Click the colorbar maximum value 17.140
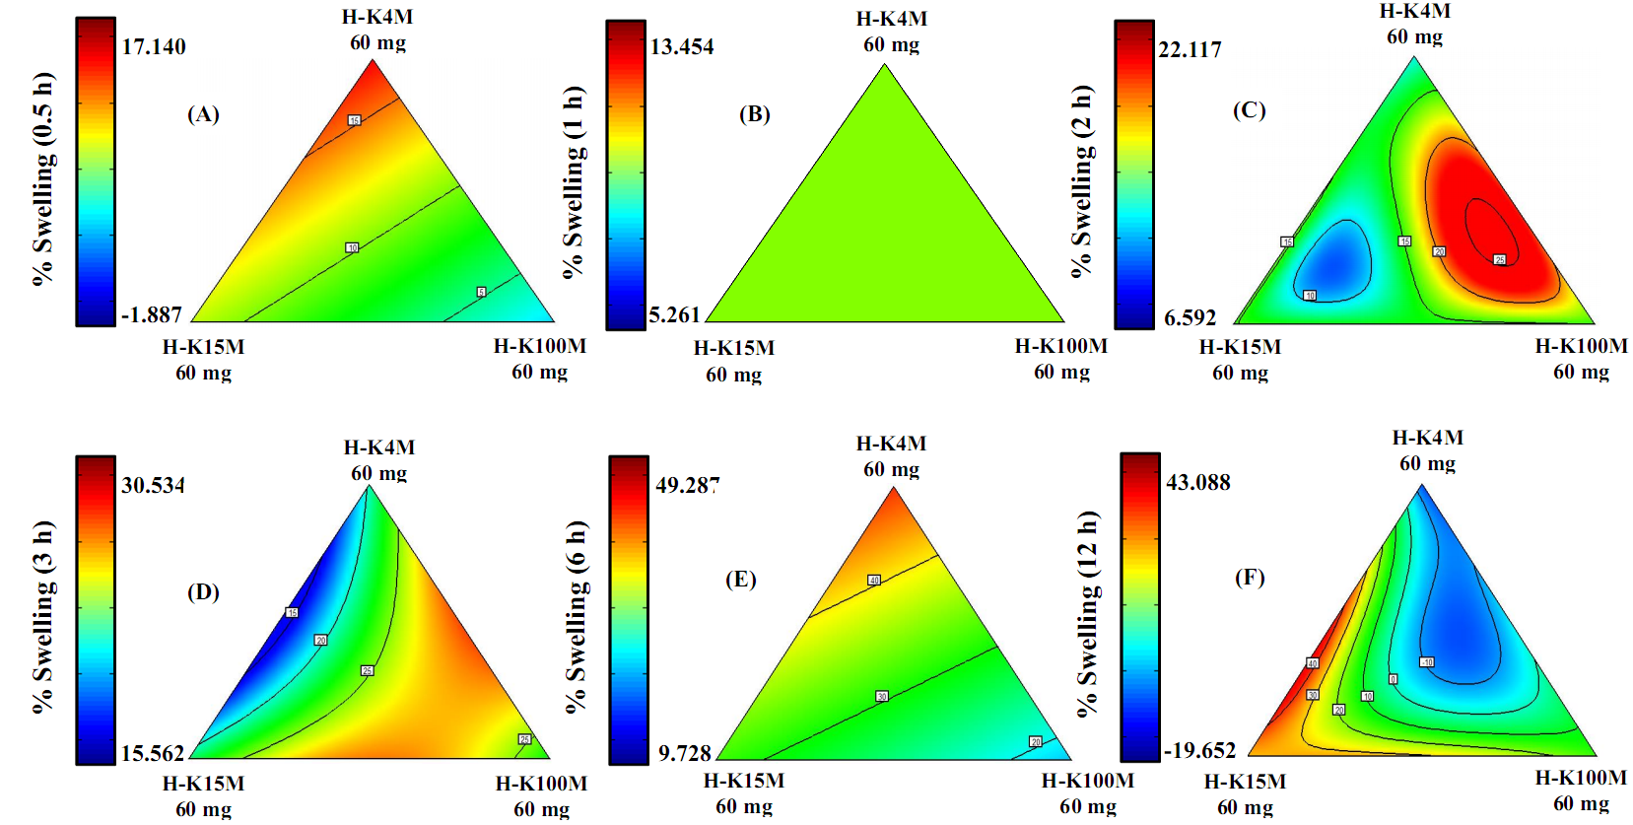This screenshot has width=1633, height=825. point(154,46)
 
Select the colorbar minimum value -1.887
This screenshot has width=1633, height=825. point(152,314)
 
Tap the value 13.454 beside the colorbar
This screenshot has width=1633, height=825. point(682,46)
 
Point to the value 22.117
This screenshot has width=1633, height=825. point(1190,49)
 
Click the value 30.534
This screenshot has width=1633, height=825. point(153,485)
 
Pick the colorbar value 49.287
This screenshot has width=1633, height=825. point(688,485)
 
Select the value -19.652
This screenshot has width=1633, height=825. point(1199,750)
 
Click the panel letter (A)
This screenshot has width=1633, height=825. point(203,114)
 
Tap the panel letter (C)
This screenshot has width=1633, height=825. point(1249,109)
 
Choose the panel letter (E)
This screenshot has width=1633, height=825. point(741,579)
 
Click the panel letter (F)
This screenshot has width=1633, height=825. point(1250,577)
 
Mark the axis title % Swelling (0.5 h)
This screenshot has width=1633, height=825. point(42,178)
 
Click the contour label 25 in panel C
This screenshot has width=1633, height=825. point(1499,259)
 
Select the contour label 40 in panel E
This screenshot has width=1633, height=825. point(873,580)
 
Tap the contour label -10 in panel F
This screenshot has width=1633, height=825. point(1426,662)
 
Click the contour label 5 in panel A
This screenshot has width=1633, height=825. point(481,292)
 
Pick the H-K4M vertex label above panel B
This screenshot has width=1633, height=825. point(891,19)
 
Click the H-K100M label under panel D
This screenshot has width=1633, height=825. point(541,784)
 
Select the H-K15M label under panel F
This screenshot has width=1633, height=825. point(1245,782)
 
